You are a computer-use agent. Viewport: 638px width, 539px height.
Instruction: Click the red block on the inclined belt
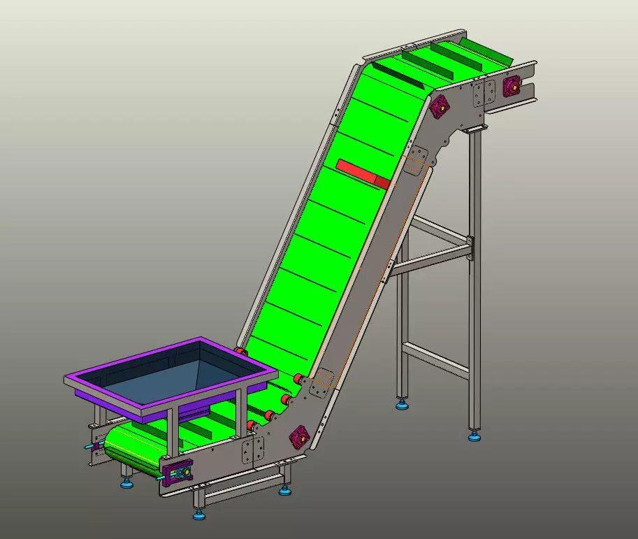pyautogui.click(x=362, y=173)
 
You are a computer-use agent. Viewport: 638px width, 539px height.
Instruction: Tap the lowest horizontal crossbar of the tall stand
pyautogui.click(x=435, y=359)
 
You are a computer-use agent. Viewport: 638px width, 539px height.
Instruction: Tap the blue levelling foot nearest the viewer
pyautogui.click(x=199, y=516)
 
